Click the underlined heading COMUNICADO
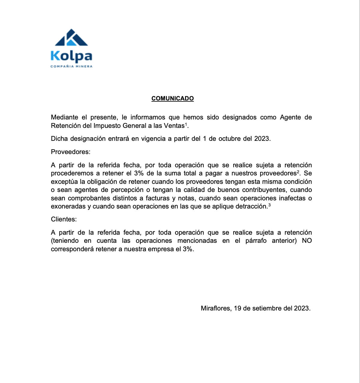[x=172, y=98]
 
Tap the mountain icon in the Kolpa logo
[x=72, y=38]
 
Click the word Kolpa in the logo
[x=71, y=56]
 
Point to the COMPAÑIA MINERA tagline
[x=71, y=66]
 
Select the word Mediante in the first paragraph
[x=64, y=117]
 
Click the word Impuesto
[x=107, y=126]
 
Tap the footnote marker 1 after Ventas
[x=186, y=124]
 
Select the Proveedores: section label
[x=71, y=152]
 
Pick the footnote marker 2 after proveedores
[x=298, y=171]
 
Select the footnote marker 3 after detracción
[x=270, y=205]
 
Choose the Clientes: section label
[x=64, y=219]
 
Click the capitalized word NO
[x=307, y=241]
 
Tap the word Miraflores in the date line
[x=216, y=308]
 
